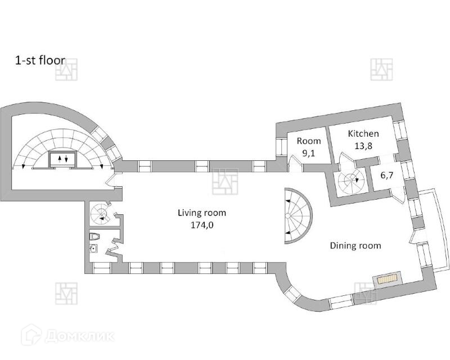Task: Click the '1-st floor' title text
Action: coord(40,60)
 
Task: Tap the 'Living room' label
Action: coord(201,213)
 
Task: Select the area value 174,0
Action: coord(201,224)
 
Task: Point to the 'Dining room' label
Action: coord(355,246)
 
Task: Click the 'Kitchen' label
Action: coord(363,134)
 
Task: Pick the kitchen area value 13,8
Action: coord(363,145)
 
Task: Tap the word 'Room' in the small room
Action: coord(309,141)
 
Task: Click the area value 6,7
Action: coord(387,175)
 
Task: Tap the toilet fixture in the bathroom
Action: coord(96,237)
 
